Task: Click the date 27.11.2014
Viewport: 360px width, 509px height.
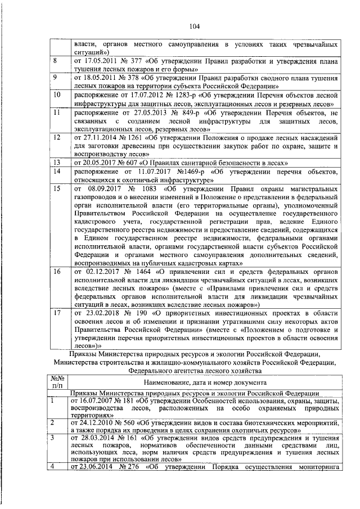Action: tap(99, 137)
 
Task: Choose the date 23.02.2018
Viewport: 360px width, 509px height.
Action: tap(101, 312)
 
